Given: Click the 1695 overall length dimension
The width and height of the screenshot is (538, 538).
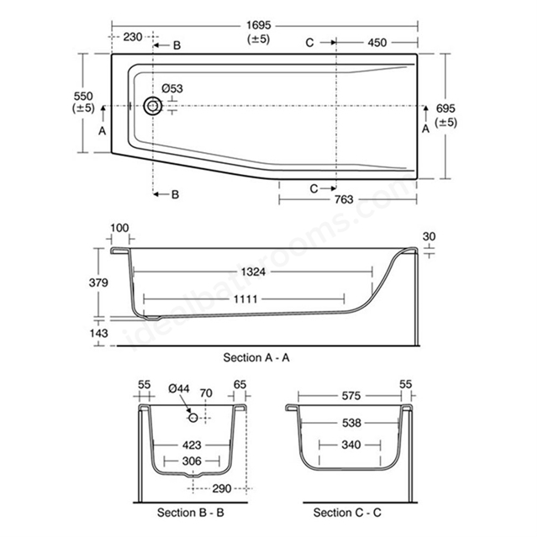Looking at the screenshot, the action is point(259,25).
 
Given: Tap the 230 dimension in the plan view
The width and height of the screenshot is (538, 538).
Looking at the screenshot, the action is point(133,37).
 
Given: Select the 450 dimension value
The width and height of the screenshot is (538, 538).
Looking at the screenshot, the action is point(377,43).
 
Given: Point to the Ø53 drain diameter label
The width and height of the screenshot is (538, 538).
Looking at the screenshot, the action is point(172,88).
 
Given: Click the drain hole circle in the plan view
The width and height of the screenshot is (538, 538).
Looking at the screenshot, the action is point(153,106).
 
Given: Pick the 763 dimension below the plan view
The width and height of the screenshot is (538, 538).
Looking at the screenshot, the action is point(344,199).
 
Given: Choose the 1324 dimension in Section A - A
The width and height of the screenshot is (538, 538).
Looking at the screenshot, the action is point(253,272).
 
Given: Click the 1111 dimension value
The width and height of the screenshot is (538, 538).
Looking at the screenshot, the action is point(245,299).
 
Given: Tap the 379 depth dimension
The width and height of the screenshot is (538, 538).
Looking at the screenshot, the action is point(98,282).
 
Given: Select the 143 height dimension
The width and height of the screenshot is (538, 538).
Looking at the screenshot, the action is point(98,333).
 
